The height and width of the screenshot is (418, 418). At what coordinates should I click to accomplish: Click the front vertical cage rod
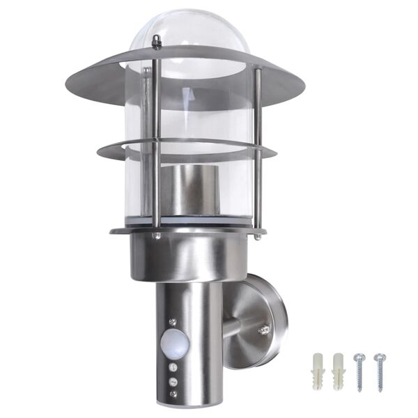(156, 139)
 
